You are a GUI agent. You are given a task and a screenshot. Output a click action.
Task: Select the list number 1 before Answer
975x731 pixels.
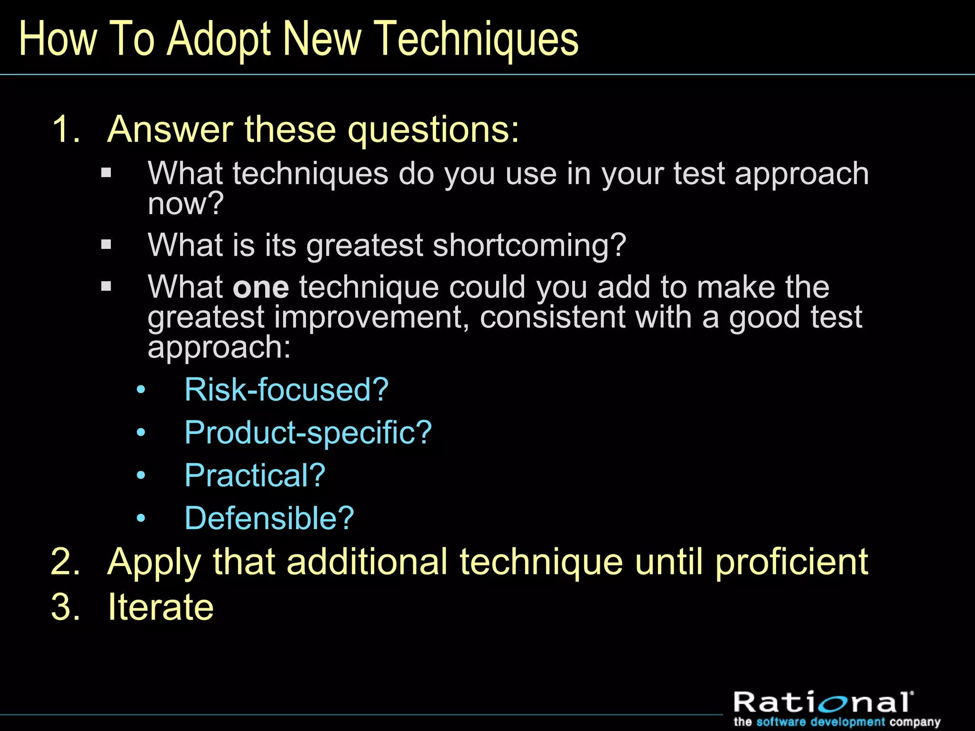(64, 129)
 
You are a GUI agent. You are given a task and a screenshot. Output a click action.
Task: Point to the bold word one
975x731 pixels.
(261, 288)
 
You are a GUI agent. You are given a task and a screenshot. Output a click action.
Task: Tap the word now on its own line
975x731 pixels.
(185, 204)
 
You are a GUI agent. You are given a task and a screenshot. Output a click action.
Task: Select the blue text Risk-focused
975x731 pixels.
(286, 390)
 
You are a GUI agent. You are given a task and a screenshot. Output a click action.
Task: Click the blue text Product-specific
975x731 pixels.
(308, 433)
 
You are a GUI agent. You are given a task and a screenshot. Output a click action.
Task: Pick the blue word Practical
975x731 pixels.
(255, 475)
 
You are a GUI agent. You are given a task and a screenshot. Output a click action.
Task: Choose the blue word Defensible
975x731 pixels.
(269, 518)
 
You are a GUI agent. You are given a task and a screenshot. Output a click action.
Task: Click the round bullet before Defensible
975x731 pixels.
(140, 518)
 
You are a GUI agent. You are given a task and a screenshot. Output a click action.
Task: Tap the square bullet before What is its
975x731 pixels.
(106, 245)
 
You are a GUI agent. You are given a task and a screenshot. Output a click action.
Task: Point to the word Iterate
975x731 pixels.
(160, 607)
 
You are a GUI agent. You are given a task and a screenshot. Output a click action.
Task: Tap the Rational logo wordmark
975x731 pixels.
(823, 702)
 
